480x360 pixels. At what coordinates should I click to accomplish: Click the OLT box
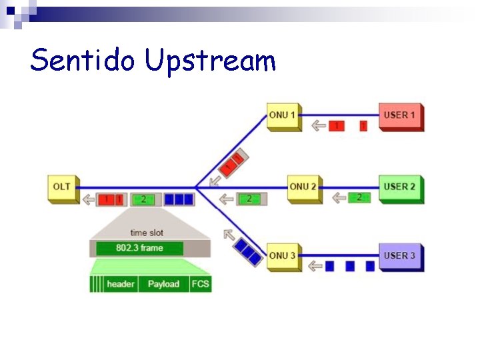pyautogui.click(x=62, y=188)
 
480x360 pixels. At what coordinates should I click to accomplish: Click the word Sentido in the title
pyautogui.click(x=84, y=60)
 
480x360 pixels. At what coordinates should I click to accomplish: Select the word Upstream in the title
pyautogui.click(x=211, y=61)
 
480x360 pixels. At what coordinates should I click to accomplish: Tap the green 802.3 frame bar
pyautogui.click(x=139, y=248)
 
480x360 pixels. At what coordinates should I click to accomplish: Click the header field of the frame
pyautogui.click(x=121, y=284)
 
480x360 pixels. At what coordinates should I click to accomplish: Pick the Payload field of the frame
pyautogui.click(x=163, y=284)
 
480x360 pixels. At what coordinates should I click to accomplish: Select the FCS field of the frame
pyautogui.click(x=200, y=284)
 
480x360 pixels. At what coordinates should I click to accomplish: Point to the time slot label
pyautogui.click(x=147, y=233)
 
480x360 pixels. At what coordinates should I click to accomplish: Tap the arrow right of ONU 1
pyautogui.click(x=319, y=125)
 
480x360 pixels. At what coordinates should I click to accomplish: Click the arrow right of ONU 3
pyautogui.click(x=315, y=267)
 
